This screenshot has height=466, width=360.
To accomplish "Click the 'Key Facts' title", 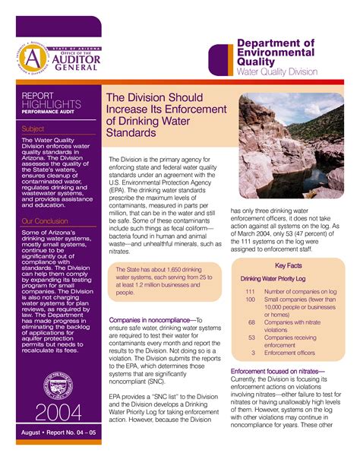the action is (289, 266).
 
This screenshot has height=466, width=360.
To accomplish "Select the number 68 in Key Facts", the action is (251, 322).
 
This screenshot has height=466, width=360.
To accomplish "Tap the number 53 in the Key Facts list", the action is (251, 337).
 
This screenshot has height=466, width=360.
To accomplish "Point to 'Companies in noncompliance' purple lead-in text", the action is (152, 321).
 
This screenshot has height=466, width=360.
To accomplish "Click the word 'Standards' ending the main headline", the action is (131, 132).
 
